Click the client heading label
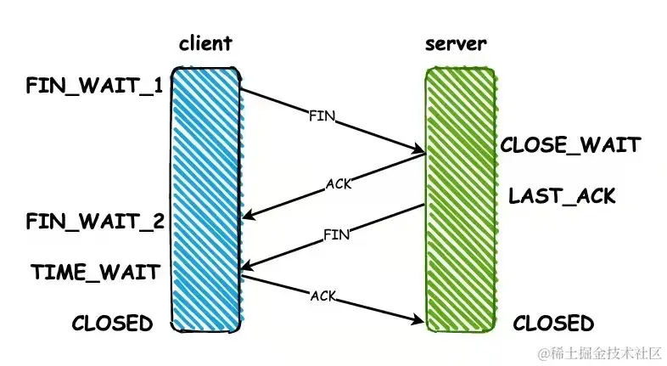[205, 43]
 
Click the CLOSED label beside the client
[112, 324]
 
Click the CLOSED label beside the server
[553, 324]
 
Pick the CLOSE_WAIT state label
[569, 145]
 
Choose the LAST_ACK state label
[561, 196]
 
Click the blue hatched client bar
[206, 200]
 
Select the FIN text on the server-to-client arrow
[337, 235]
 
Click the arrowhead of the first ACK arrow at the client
[246, 218]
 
